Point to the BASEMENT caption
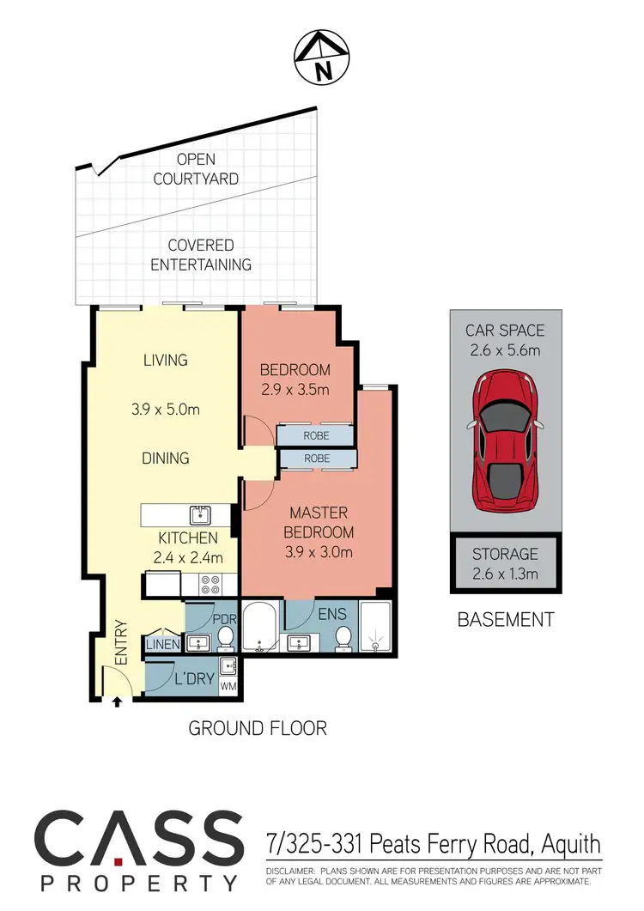(x=505, y=619)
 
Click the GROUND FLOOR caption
(x=258, y=728)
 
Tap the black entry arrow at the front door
(x=117, y=702)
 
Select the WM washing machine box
(x=228, y=687)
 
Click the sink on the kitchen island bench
(x=200, y=515)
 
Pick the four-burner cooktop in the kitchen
(x=211, y=585)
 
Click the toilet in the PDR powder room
(x=226, y=638)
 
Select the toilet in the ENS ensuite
(x=343, y=638)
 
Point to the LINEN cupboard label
(x=163, y=644)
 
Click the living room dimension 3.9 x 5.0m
(x=166, y=410)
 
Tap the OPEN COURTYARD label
(x=196, y=169)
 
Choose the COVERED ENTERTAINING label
(x=201, y=255)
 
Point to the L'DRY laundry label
(x=193, y=679)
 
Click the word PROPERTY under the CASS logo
(x=138, y=884)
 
